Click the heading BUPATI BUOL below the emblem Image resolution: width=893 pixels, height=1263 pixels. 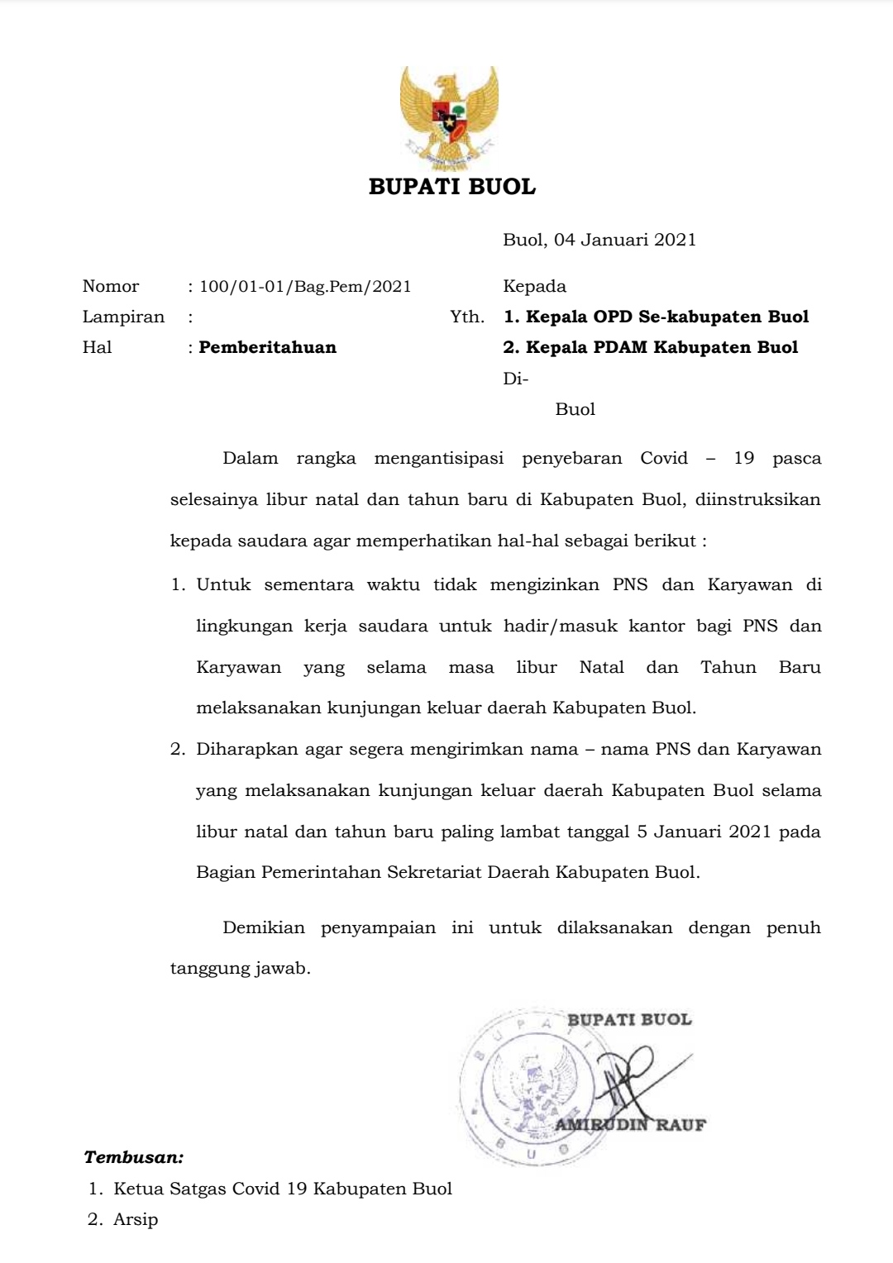pyautogui.click(x=452, y=187)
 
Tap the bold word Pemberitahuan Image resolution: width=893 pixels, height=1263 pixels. pyautogui.click(x=267, y=347)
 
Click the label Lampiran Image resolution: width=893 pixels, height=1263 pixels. pyautogui.click(x=123, y=317)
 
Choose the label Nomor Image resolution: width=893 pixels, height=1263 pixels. pyautogui.click(x=111, y=287)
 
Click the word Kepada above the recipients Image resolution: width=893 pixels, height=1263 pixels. pyautogui.click(x=534, y=287)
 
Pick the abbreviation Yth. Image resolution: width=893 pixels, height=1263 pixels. pyautogui.click(x=467, y=317)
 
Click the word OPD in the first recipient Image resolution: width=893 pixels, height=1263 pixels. pyautogui.click(x=614, y=317)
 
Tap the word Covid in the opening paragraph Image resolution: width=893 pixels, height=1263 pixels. pyautogui.click(x=664, y=458)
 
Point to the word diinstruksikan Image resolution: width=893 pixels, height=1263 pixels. pyautogui.click(x=758, y=499)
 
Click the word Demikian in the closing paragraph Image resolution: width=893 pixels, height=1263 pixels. pyautogui.click(x=264, y=927)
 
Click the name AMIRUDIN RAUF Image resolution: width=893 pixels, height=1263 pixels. pyautogui.click(x=630, y=1124)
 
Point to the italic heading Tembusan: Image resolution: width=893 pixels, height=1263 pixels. pyautogui.click(x=134, y=1157)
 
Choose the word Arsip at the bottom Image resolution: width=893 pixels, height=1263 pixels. pyautogui.click(x=136, y=1219)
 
